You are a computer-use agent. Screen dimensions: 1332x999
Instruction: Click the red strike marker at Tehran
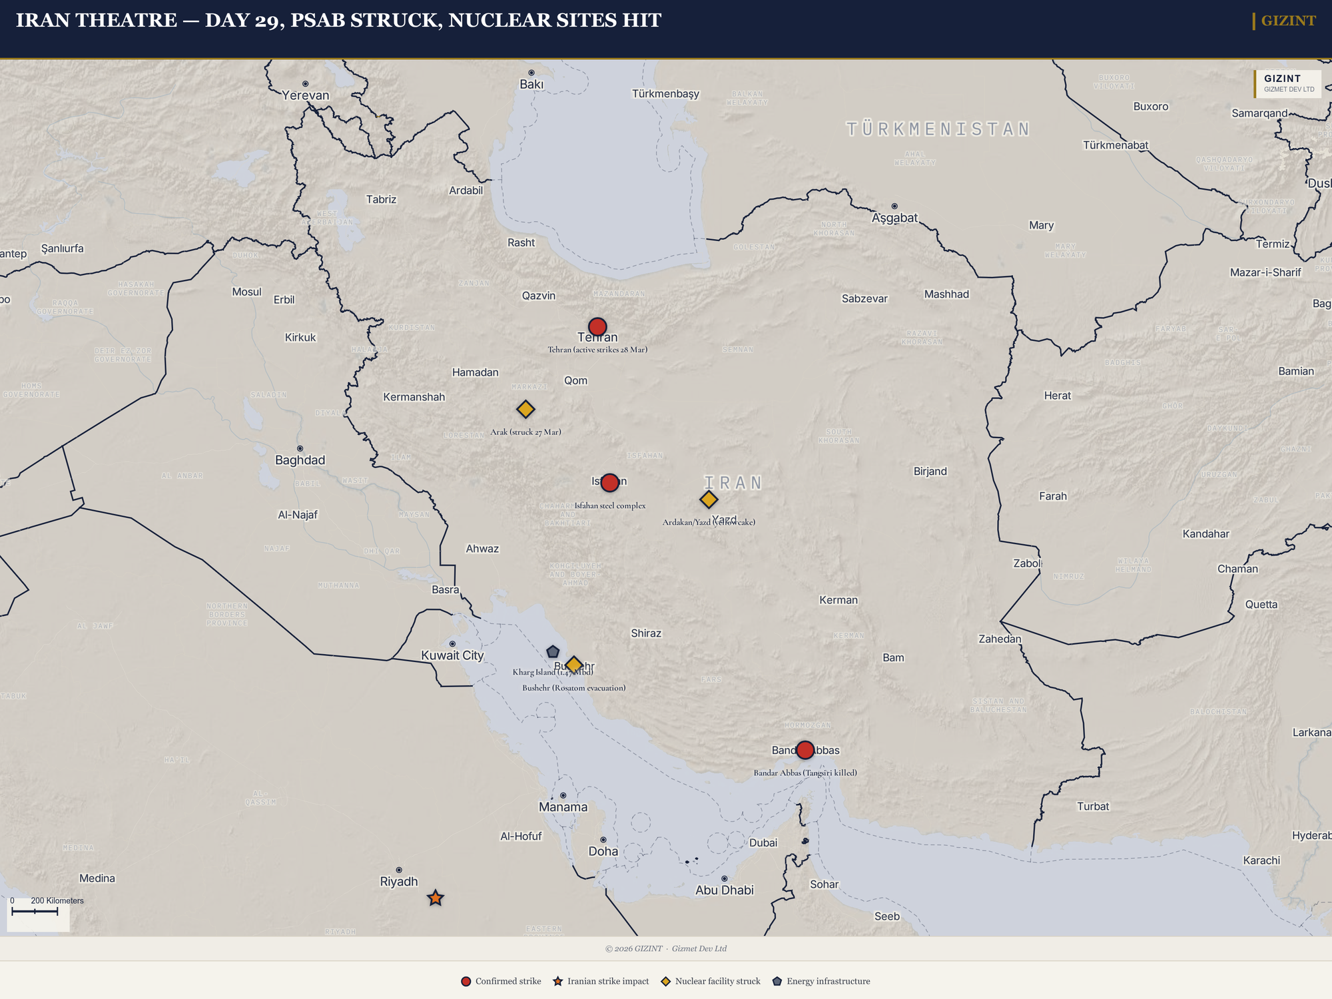click(597, 327)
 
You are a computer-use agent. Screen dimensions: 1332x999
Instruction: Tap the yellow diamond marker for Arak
click(525, 409)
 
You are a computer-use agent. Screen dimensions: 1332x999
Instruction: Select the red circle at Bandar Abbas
click(805, 750)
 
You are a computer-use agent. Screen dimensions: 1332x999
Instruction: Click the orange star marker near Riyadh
click(436, 898)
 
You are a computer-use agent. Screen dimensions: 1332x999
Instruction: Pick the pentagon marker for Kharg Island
click(553, 652)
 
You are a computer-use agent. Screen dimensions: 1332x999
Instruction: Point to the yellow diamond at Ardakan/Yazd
click(709, 499)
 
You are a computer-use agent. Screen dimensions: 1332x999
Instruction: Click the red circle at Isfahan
click(609, 483)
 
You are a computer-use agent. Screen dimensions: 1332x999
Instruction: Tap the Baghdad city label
click(300, 460)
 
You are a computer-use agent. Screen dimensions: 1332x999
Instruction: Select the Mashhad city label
click(946, 294)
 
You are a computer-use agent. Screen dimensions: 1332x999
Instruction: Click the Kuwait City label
click(452, 655)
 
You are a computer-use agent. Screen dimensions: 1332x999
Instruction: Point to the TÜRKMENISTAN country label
click(938, 129)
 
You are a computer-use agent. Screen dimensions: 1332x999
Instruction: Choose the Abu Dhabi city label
click(725, 890)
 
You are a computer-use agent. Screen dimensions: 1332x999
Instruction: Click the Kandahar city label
click(1205, 534)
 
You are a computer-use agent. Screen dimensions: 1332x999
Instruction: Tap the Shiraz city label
click(646, 633)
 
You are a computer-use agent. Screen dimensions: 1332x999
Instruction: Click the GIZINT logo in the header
click(1287, 21)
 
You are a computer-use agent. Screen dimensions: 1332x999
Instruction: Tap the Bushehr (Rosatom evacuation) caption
click(574, 688)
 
